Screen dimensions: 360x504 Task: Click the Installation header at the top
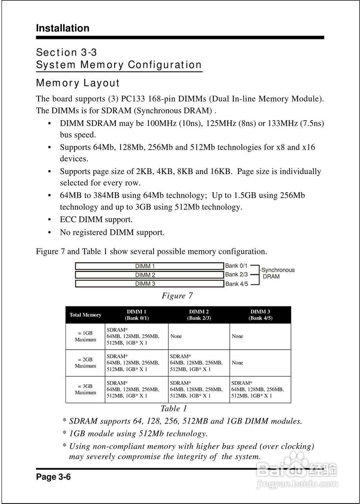[62, 28]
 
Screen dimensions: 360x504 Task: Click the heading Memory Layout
[78, 83]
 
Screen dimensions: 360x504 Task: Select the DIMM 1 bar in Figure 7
[149, 266]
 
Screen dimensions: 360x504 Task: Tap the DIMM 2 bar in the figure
[149, 275]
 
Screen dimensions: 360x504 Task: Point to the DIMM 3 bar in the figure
[149, 283]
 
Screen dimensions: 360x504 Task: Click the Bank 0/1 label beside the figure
[236, 266]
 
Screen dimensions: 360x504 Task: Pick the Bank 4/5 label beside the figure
[236, 284]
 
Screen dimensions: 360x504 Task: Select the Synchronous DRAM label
[277, 273]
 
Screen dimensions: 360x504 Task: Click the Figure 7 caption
[177, 296]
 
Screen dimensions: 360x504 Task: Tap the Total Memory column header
[85, 315]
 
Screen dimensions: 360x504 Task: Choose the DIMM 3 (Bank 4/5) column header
[260, 315]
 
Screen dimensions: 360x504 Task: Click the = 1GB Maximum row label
[85, 336]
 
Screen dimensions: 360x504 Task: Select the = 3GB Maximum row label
[85, 389]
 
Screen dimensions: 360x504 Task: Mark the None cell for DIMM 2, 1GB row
[176, 336]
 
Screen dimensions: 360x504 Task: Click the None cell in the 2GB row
[238, 363]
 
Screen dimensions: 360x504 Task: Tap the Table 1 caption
[174, 409]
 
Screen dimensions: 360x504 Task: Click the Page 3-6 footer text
[53, 477]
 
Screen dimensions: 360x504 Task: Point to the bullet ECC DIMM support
[96, 219]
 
